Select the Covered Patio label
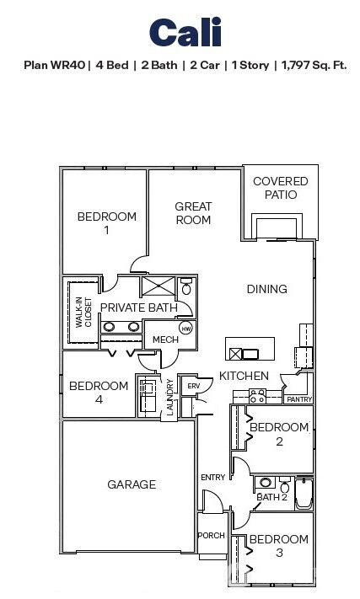click(281, 188)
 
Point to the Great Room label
click(193, 213)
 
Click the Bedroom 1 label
click(107, 223)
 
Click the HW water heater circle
click(186, 328)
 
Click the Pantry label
click(298, 399)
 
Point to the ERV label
click(193, 386)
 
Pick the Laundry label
click(170, 397)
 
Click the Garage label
click(132, 484)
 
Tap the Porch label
click(211, 536)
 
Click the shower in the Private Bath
click(158, 286)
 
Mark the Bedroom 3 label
click(278, 546)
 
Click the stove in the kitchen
click(256, 394)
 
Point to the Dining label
click(266, 289)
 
